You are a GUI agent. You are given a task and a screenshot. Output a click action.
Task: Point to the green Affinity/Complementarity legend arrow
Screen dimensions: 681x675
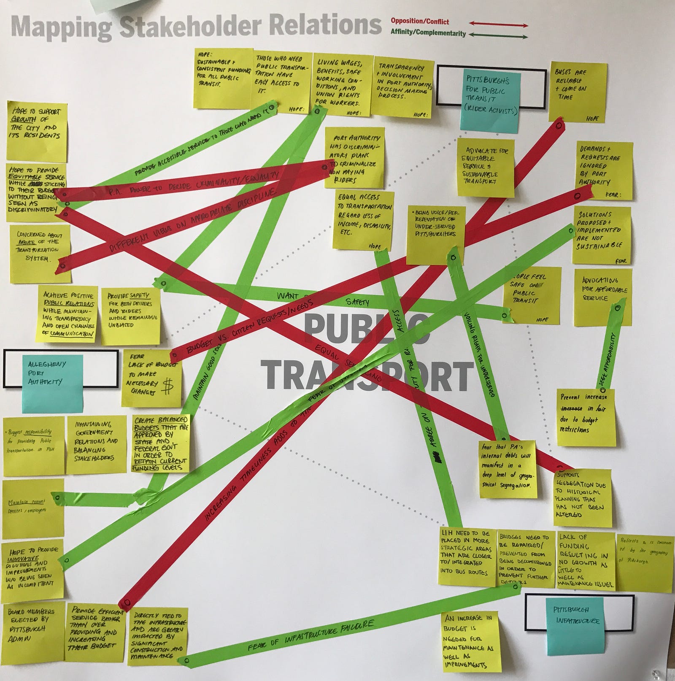pyautogui.click(x=498, y=35)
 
